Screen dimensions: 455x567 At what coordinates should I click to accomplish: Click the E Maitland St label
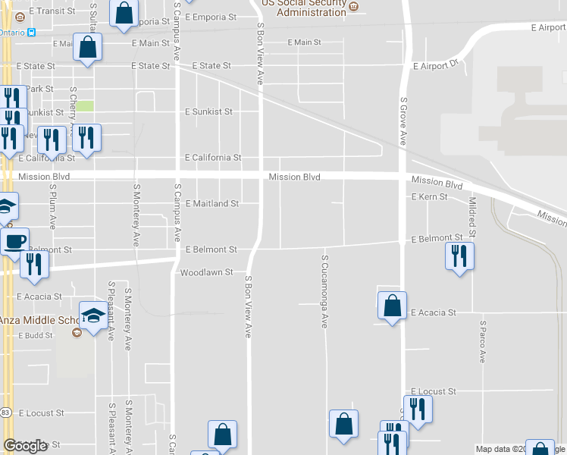(x=212, y=204)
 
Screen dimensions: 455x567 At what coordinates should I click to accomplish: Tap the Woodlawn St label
(x=205, y=271)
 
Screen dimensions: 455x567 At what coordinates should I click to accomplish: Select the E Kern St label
(x=429, y=196)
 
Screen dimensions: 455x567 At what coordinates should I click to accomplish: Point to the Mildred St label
(x=472, y=215)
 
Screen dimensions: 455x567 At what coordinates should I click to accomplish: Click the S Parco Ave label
(x=482, y=341)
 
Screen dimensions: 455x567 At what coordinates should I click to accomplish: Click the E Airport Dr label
(x=437, y=66)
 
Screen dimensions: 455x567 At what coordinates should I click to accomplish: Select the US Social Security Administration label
(x=303, y=8)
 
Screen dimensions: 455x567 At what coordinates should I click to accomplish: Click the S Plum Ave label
(x=53, y=206)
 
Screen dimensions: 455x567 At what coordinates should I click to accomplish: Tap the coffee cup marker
(x=14, y=242)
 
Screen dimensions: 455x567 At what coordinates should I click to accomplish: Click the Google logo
(x=26, y=446)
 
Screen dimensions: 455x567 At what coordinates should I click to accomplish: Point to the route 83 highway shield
(x=6, y=413)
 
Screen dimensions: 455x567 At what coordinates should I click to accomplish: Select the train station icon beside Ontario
(x=32, y=33)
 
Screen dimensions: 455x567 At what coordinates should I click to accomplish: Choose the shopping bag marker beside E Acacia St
(x=392, y=306)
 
